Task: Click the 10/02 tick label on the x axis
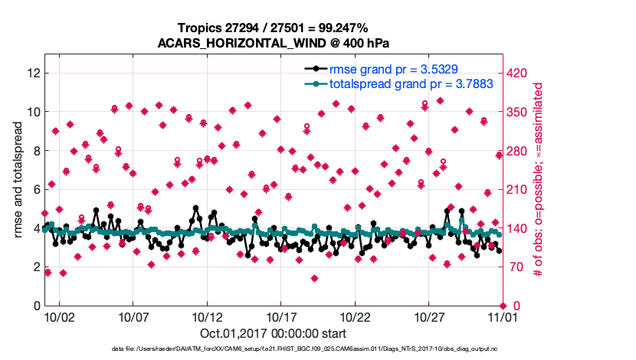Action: coord(59,316)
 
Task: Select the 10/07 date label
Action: coord(133,316)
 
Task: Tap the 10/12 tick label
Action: coord(207,316)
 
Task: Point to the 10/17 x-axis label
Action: coord(281,316)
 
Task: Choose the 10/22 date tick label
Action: coord(356,316)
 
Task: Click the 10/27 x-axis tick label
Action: coord(429,316)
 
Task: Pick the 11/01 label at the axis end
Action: coord(502,316)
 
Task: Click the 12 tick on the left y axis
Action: coord(33,73)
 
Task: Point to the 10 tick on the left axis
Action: coord(33,112)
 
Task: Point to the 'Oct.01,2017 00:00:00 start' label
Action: coord(274,333)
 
